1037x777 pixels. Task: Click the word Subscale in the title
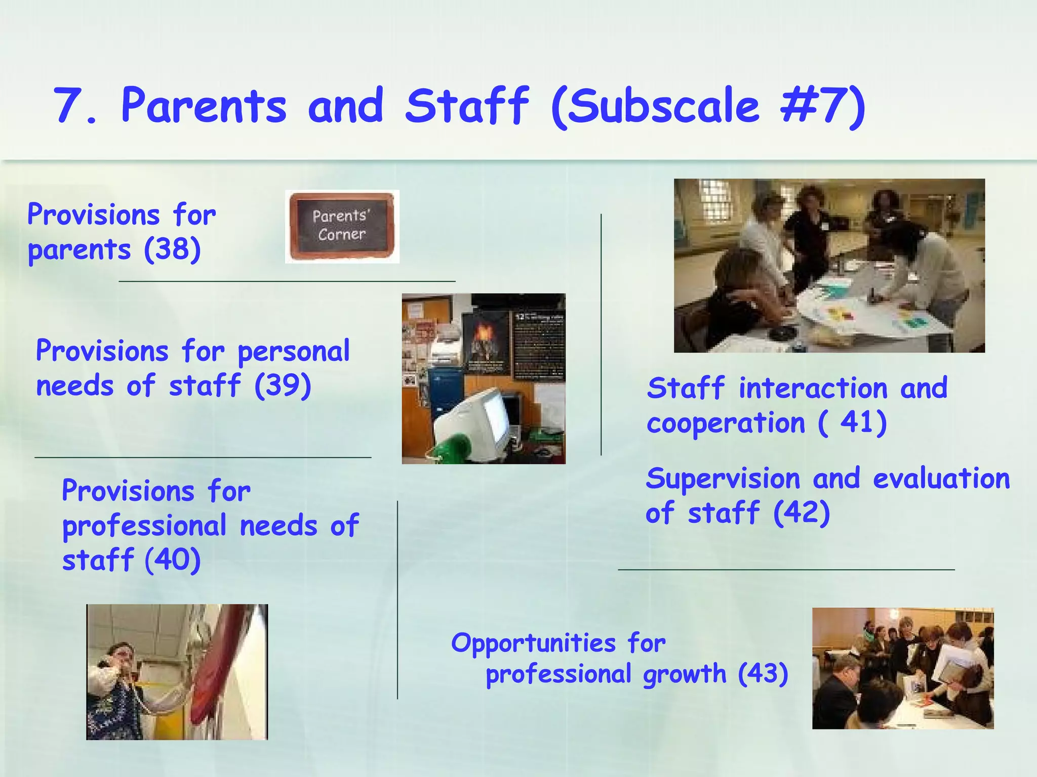point(663,106)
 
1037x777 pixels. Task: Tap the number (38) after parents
point(172,249)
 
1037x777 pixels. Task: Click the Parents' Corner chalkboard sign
point(342,226)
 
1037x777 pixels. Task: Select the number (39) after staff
point(283,385)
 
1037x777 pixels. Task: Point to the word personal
point(293,352)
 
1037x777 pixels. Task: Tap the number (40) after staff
point(172,560)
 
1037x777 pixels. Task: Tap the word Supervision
point(723,479)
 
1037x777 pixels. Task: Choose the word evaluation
point(941,479)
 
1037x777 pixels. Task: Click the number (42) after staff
point(802,513)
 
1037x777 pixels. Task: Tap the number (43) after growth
point(763,674)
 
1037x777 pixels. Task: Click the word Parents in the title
point(204,106)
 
